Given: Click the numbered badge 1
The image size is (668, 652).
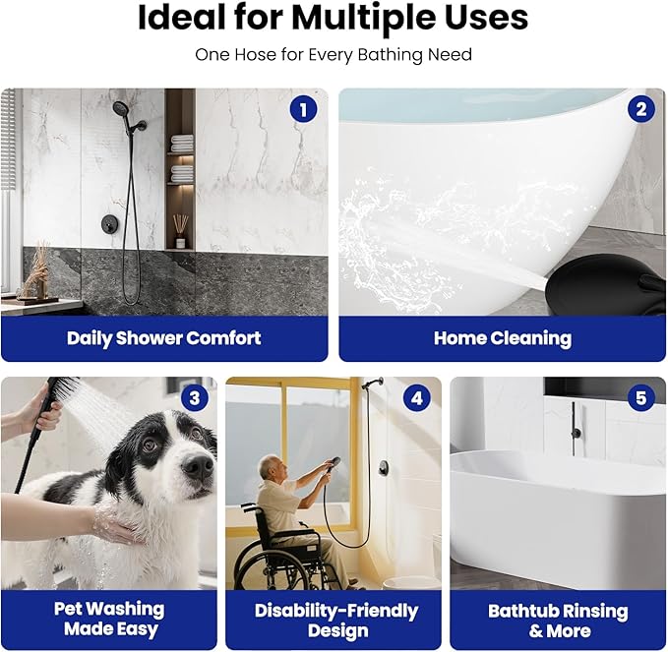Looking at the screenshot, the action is [x=303, y=109].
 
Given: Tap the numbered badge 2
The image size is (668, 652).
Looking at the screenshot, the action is [x=641, y=109].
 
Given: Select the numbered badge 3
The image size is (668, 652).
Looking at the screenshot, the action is [x=195, y=398].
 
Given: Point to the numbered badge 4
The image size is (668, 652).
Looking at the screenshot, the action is [x=417, y=398].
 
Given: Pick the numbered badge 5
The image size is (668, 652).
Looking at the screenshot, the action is [x=641, y=398].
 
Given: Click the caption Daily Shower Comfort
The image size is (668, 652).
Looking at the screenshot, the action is [x=164, y=338].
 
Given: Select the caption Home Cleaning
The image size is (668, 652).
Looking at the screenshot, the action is [x=503, y=338].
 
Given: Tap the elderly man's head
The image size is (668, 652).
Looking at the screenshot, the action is [x=270, y=467].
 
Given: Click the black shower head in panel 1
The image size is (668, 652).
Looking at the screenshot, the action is [x=121, y=110].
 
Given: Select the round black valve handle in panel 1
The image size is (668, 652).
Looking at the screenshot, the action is [x=107, y=223].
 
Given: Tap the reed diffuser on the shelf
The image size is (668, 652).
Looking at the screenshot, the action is [x=181, y=231].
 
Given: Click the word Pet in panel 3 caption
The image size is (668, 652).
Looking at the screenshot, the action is [x=70, y=609].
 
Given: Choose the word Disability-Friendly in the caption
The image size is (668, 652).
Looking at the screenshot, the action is [x=336, y=611].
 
